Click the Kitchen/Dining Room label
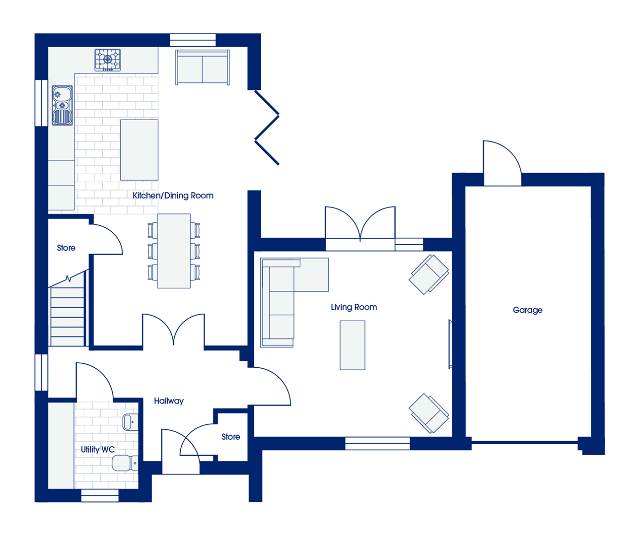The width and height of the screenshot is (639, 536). (173, 196)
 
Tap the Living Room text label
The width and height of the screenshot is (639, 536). (354, 307)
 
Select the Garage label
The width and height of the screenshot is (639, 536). (528, 310)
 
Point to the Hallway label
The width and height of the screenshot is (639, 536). (169, 401)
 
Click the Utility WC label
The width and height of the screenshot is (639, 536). (98, 450)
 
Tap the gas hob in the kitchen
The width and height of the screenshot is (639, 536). (107, 60)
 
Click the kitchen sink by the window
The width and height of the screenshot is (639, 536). (63, 105)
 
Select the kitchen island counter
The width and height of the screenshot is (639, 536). (139, 150)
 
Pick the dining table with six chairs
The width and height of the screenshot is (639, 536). (174, 251)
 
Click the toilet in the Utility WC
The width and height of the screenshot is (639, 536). (125, 463)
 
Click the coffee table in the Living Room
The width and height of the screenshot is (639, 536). (353, 345)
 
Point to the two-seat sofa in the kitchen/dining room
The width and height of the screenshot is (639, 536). (203, 67)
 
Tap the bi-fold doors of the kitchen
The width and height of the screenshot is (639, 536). (267, 128)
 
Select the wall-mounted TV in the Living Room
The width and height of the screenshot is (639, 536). (450, 344)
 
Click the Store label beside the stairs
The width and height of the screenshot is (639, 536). (66, 248)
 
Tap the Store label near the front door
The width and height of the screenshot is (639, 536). (231, 437)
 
